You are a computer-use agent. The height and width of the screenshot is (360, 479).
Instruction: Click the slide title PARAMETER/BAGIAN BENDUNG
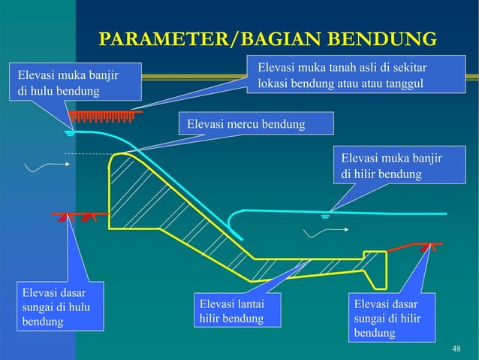click(x=268, y=39)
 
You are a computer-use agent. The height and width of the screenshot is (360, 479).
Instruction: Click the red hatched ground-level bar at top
click(x=106, y=116)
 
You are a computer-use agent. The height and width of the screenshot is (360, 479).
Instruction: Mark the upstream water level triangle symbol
click(x=70, y=134)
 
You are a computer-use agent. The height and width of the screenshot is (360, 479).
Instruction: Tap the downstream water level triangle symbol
click(x=326, y=216)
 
